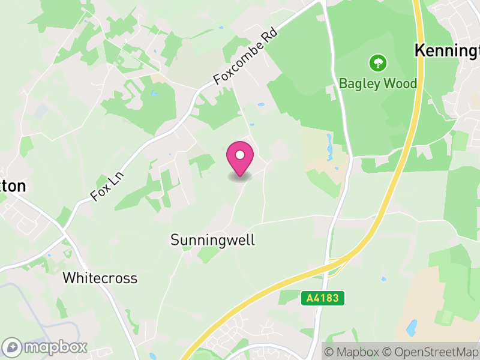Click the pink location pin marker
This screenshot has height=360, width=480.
240,159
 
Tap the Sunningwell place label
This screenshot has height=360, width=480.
213,240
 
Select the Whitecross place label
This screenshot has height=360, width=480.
100,278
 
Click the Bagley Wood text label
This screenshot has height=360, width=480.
378,83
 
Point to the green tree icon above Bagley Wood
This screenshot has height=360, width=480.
378,62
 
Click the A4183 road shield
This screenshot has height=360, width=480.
322,298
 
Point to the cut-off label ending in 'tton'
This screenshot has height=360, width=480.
13,186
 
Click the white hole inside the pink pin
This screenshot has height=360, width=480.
240,155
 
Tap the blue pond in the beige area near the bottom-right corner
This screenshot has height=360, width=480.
412,327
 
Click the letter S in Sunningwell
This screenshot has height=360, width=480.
175,240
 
